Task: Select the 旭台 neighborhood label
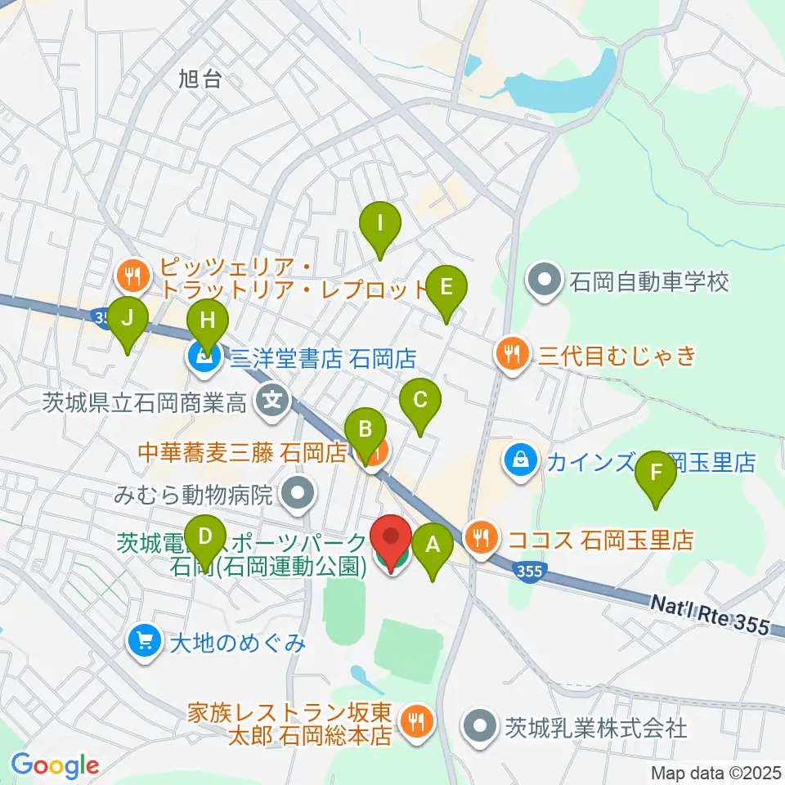pos(200,79)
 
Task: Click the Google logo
pos(55,765)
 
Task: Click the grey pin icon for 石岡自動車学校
pos(542,282)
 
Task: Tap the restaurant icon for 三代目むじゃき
pos(511,354)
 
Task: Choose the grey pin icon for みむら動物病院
pos(293,493)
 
